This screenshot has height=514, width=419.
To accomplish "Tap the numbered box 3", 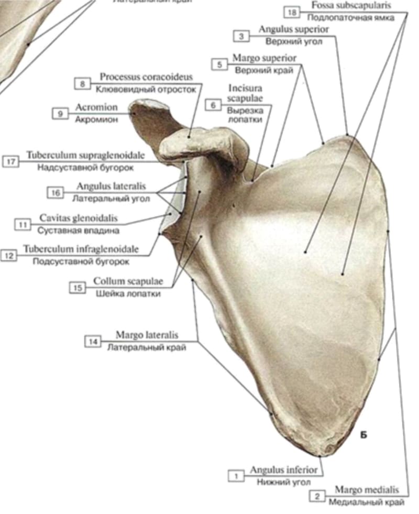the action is pyautogui.click(x=241, y=36).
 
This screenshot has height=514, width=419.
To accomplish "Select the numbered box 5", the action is pyautogui.click(x=219, y=64).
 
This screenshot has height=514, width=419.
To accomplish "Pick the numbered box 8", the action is pyautogui.click(x=83, y=83).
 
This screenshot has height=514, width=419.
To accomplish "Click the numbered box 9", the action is pyautogui.click(x=61, y=113).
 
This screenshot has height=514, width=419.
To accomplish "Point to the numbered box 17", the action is pyautogui.click(x=11, y=161).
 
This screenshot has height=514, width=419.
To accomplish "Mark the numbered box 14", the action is pyautogui.click(x=93, y=342).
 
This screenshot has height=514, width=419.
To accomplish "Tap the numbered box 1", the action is pyautogui.click(x=236, y=476).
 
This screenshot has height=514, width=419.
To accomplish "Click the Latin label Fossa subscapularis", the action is pyautogui.click(x=359, y=6).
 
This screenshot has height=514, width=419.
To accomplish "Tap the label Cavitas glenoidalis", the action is pyautogui.click(x=79, y=218).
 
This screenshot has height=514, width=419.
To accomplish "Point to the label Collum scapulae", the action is pyautogui.click(x=128, y=282).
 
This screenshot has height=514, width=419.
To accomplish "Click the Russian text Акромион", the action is pyautogui.click(x=96, y=119).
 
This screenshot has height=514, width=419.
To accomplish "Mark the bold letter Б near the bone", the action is pyautogui.click(x=364, y=434).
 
